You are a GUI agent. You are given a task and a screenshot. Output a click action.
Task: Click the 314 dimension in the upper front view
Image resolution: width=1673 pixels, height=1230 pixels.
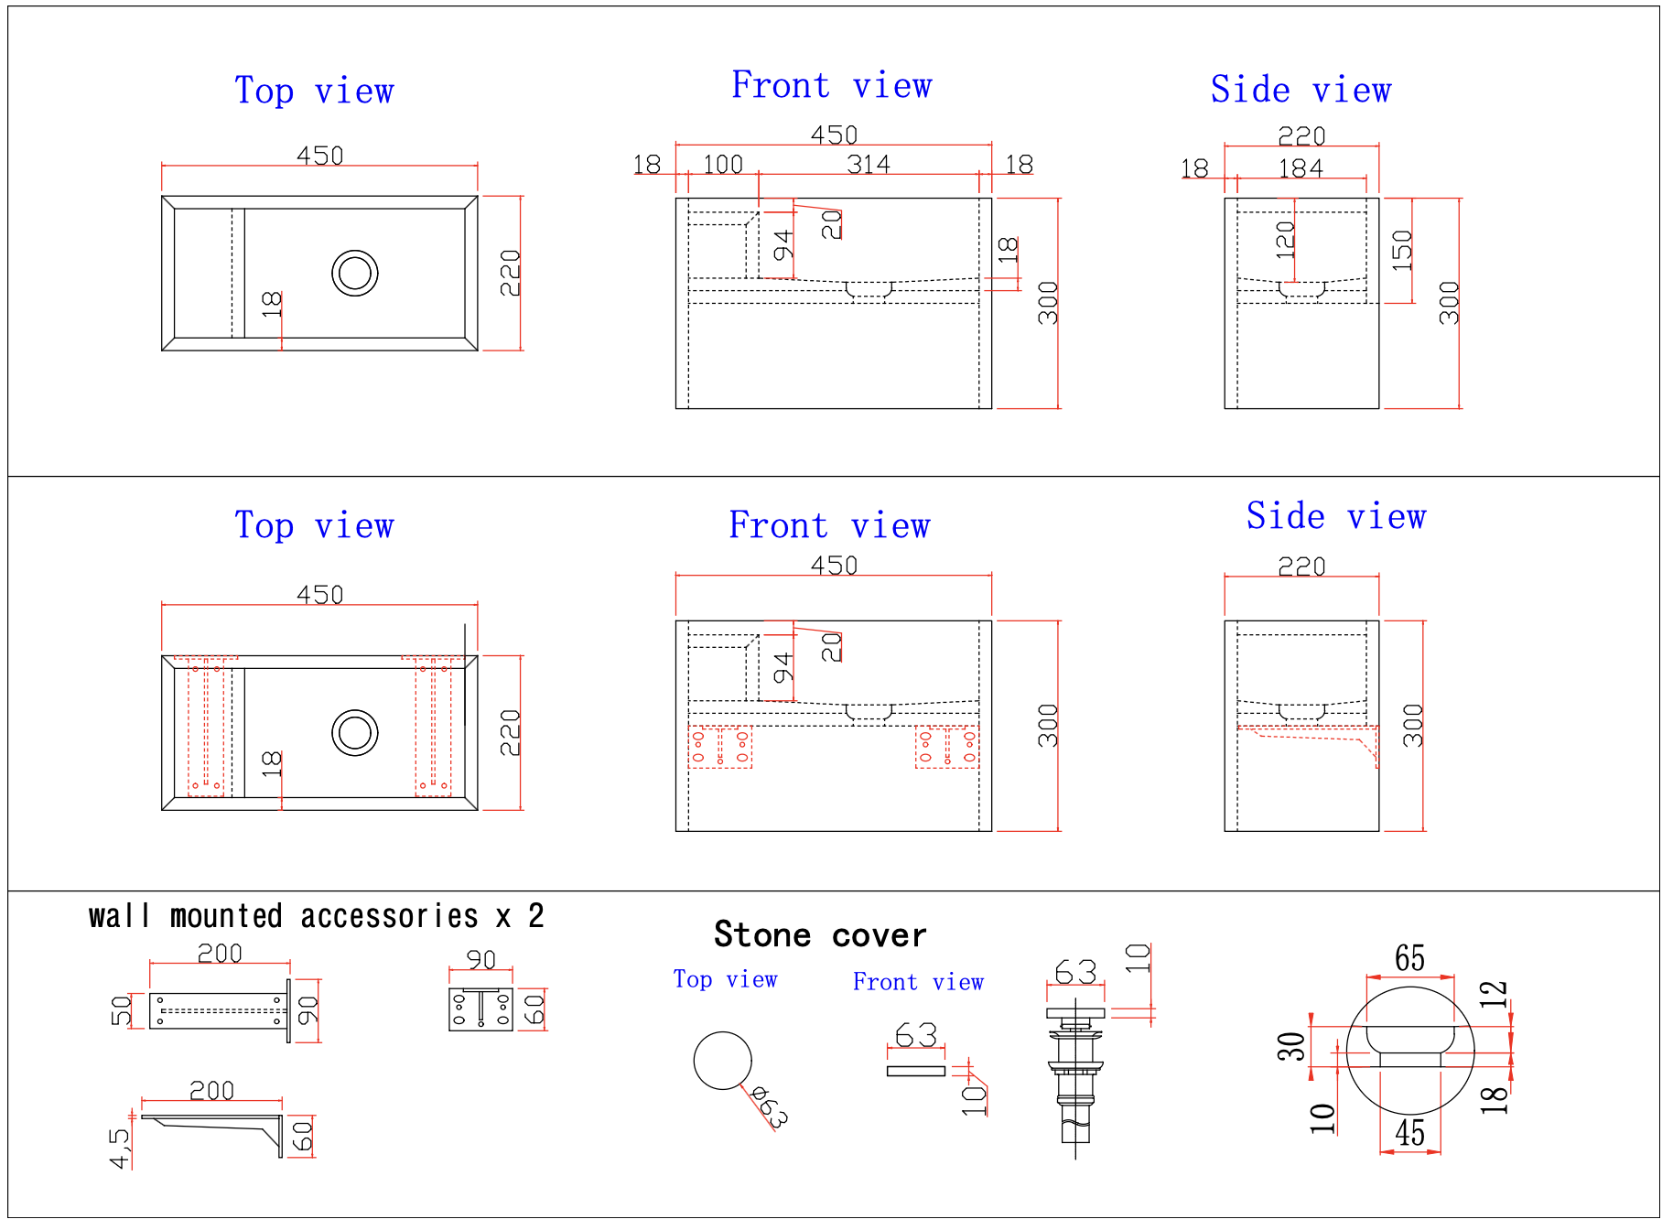(868, 164)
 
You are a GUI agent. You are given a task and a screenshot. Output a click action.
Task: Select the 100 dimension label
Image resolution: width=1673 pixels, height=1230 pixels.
(722, 164)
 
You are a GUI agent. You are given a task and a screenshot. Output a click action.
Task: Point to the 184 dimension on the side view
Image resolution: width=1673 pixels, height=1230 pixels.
(1301, 168)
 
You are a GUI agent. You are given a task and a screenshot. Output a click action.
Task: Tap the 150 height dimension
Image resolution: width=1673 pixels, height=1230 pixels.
(1402, 249)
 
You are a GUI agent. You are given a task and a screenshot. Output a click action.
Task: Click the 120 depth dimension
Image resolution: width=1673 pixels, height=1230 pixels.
(1285, 239)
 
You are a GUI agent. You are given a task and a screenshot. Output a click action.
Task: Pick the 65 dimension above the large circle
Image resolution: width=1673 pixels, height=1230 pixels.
(1409, 958)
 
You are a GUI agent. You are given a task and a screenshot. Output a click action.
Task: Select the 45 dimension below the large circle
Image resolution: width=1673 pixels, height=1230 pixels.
(1409, 1133)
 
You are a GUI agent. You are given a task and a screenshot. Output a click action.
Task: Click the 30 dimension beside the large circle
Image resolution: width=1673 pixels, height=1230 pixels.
(1291, 1045)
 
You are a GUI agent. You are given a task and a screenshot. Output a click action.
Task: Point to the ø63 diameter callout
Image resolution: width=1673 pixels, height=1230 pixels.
(769, 1106)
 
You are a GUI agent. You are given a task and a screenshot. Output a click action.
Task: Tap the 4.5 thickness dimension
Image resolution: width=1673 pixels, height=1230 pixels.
(120, 1149)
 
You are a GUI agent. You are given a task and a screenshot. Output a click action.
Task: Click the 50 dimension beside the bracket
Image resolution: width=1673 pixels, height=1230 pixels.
(122, 1010)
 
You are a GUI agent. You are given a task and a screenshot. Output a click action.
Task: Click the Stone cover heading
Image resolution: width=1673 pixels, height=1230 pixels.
(820, 934)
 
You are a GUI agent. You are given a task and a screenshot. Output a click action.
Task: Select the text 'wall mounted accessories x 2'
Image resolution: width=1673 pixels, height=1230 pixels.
(316, 916)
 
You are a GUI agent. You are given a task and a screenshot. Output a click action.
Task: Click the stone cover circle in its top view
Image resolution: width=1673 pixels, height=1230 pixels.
(722, 1061)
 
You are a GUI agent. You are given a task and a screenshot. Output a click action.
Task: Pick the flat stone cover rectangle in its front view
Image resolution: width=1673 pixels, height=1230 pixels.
(915, 1071)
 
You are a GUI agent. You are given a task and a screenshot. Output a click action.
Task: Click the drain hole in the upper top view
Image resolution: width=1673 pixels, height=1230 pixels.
(355, 273)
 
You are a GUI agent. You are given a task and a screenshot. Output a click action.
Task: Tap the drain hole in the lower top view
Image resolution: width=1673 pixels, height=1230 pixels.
(355, 733)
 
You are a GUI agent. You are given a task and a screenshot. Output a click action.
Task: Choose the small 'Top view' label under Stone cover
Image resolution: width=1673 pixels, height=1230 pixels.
(725, 979)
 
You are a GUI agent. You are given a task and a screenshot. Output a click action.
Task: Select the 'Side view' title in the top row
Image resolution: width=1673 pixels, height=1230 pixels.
(1301, 90)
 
